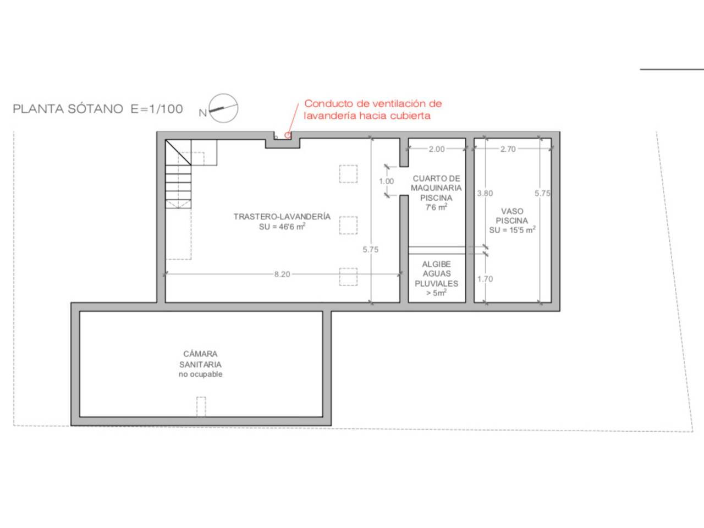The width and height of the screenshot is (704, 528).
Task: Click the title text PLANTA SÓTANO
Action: coord(68,109)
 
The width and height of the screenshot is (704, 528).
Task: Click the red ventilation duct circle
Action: coord(288,135)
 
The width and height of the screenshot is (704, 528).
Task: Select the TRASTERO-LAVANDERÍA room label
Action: coord(282,217)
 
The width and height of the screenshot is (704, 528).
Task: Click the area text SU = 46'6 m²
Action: coord(282,227)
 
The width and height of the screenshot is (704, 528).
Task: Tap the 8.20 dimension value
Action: coord(282,274)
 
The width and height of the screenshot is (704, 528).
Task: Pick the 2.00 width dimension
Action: coord(437,149)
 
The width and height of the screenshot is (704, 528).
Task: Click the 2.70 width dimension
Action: coord(508,149)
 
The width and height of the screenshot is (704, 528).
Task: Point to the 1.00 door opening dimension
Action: coord(387,182)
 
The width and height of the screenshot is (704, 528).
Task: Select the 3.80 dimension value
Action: coord(485,193)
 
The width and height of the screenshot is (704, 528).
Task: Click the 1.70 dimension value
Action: coord(485,279)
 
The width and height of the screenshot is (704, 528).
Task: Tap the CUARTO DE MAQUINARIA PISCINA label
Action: coord(436,188)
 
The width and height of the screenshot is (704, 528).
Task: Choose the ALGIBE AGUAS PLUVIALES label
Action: coord(437,274)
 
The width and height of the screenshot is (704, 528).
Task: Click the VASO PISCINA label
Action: coord(512,216)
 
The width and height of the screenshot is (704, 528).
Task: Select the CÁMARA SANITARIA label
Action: coord(200,359)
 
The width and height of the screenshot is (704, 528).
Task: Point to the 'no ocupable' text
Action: coord(200,374)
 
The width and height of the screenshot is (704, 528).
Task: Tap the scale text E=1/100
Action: coord(157,109)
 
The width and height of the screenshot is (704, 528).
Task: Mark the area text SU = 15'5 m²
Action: coord(512,230)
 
